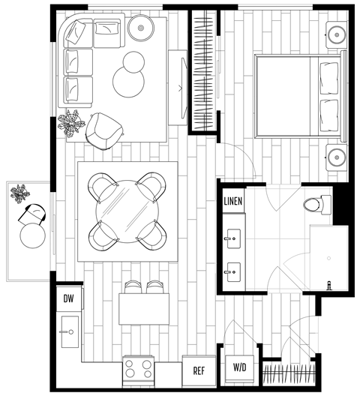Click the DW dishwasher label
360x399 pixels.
pyautogui.click(x=69, y=299)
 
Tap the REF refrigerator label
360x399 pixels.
pyautogui.click(x=199, y=370)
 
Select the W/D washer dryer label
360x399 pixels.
pyautogui.click(x=241, y=367)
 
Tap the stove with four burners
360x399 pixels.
pyautogui.click(x=138, y=368)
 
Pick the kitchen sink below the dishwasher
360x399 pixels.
pyautogui.click(x=69, y=330)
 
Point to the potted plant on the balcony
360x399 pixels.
pyautogui.click(x=20, y=193)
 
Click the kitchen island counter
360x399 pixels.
pyautogui.click(x=144, y=307)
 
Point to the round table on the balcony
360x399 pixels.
pyautogui.click(x=33, y=235)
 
